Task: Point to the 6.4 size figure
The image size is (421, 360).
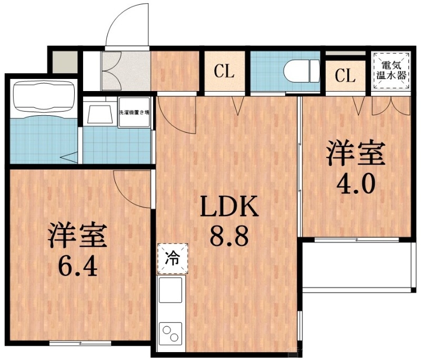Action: [x=78, y=266]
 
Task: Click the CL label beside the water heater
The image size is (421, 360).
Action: [x=345, y=76]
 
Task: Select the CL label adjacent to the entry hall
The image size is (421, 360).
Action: [x=224, y=72]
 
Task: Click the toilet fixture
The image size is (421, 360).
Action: [x=300, y=69]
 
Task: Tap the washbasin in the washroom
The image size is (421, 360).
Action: [x=99, y=113]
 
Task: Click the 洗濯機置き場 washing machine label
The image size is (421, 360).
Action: [x=135, y=112]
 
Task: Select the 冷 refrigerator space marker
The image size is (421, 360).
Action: [x=172, y=258]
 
